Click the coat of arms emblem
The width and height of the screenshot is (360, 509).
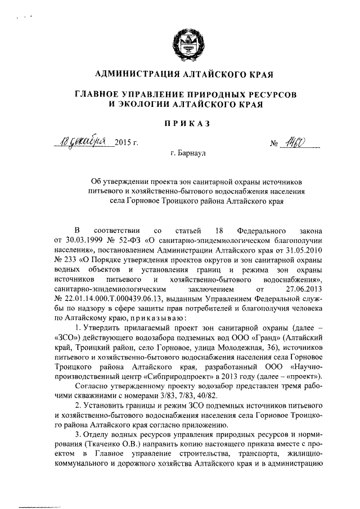point(181,44)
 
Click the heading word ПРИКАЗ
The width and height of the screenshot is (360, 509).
point(180,123)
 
